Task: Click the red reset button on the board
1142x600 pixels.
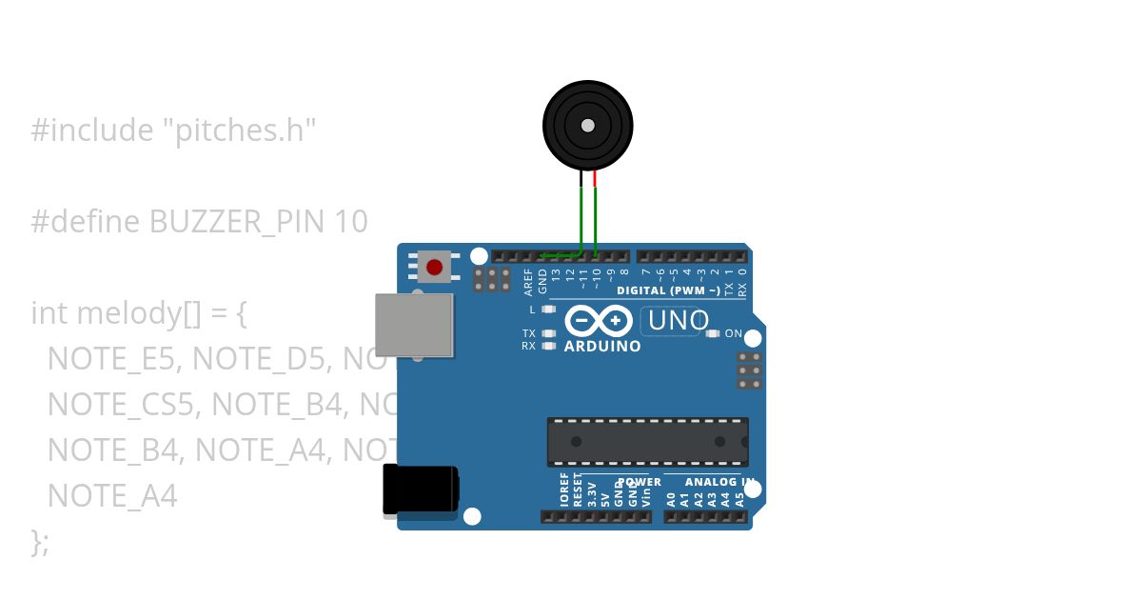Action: (435, 267)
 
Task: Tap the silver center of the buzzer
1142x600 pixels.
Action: (588, 126)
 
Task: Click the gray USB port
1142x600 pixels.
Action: (414, 325)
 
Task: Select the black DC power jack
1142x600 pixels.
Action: (420, 490)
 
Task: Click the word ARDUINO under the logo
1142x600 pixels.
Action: (602, 347)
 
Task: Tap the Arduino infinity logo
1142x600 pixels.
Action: (599, 321)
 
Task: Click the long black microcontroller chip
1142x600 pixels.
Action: (647, 442)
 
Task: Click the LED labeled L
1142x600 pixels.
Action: (548, 310)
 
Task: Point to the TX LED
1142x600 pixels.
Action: (548, 333)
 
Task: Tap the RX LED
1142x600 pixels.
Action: (548, 346)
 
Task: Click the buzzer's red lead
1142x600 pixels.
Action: (596, 178)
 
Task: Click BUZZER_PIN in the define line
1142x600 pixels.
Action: (238, 222)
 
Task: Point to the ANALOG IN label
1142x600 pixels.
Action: (719, 482)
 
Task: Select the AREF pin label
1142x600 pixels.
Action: (529, 280)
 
